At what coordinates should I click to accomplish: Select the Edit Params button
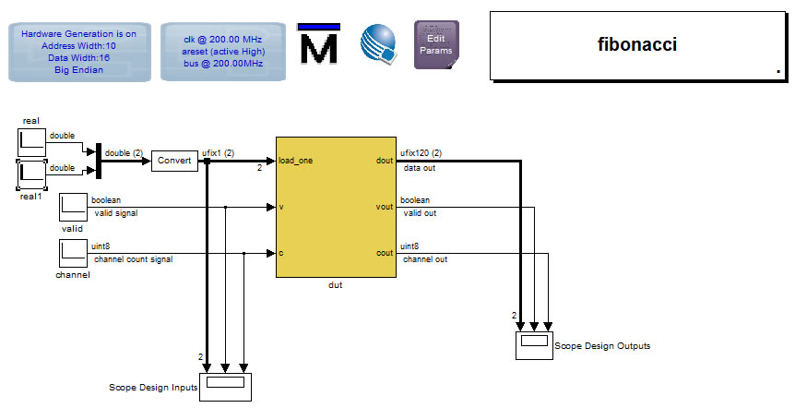[x=436, y=44]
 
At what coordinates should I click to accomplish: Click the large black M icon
[x=319, y=45]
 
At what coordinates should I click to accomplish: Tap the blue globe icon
[x=378, y=43]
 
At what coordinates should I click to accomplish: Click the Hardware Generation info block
[x=78, y=51]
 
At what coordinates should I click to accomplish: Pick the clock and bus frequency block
[x=222, y=51]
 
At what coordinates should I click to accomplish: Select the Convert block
[x=173, y=161]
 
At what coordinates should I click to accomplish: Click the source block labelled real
[x=32, y=142]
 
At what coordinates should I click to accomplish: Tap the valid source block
[x=73, y=208]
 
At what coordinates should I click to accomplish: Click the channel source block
[x=73, y=253]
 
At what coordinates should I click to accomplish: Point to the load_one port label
[x=296, y=161]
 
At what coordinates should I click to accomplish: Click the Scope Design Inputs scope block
[x=225, y=383]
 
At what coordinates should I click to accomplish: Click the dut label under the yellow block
[x=336, y=285]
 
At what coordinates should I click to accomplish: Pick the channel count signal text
[x=133, y=259]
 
